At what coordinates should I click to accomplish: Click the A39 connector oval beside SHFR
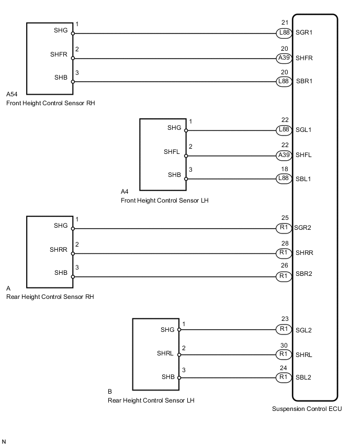pos(284,58)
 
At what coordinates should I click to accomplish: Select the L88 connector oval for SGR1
pos(284,33)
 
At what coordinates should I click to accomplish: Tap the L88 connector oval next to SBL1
pos(284,179)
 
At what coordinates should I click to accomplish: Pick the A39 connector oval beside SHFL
pos(284,155)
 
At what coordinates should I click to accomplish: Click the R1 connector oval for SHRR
pos(284,253)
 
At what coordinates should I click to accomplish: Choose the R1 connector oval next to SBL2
pos(284,377)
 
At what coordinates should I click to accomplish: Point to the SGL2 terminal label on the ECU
pos(303,330)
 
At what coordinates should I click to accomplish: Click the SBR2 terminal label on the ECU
pos(304,276)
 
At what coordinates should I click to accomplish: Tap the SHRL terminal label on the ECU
pos(304,354)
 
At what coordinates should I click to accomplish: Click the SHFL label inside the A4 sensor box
pos(173,152)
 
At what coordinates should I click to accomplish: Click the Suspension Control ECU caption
pos(307,409)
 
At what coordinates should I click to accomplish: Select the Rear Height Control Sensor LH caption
pos(151,400)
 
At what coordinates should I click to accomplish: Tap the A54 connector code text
pos(12,95)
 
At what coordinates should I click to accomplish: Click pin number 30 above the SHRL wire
pos(284,345)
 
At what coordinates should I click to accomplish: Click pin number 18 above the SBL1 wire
pos(284,170)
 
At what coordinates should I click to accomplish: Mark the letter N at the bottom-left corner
pos(5,442)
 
